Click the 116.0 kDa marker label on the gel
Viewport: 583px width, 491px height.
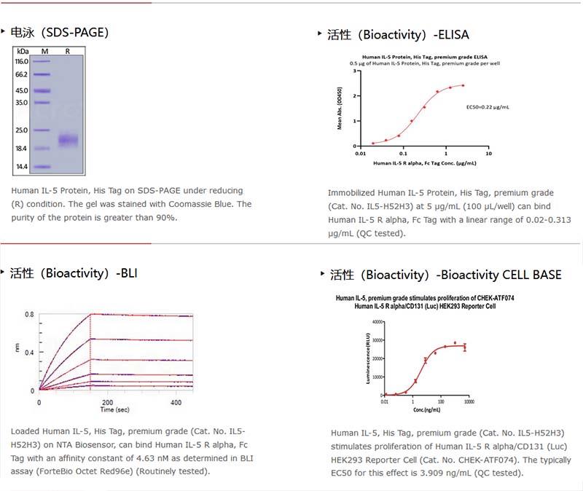[21, 62]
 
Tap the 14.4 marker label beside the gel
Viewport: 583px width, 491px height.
[21, 167]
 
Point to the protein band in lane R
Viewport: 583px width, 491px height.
[68, 140]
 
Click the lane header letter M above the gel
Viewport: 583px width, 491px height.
[44, 52]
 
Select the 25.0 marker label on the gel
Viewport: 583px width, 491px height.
[21, 130]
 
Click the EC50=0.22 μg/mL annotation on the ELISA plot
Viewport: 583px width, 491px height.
[488, 107]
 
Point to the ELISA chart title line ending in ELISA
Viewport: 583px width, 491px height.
[425, 56]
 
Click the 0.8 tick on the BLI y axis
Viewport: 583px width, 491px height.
[29, 314]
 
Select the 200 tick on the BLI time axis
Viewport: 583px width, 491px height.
[107, 402]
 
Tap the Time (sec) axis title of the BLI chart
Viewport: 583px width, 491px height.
[116, 410]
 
